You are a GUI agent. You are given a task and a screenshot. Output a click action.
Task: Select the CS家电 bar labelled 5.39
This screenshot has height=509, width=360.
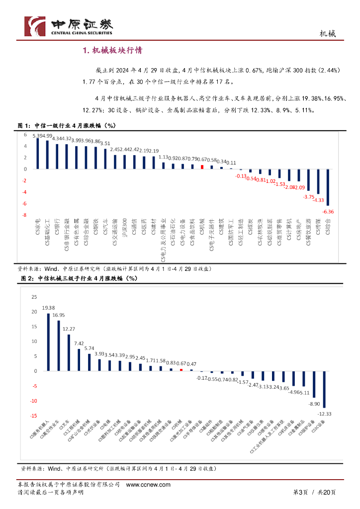pyautogui.click(x=38, y=154)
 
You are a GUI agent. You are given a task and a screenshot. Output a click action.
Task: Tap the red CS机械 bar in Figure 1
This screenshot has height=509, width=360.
pyautogui.click(x=202, y=167)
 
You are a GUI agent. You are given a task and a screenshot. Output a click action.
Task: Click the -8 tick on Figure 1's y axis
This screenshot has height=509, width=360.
pyautogui.click(x=24, y=215)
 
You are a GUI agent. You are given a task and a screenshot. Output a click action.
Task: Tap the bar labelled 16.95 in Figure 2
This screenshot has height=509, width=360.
pyautogui.click(x=59, y=345)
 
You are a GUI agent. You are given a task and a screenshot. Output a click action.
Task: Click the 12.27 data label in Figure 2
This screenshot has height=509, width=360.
pyautogui.click(x=69, y=329)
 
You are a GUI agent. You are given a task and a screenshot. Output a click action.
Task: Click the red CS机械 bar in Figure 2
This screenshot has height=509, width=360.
pyautogui.click(x=181, y=370)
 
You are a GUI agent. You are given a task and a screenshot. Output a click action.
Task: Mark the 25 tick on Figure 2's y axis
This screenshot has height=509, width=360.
pyautogui.click(x=34, y=297)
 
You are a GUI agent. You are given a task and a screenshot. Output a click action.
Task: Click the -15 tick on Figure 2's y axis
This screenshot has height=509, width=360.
pyautogui.click(x=33, y=416)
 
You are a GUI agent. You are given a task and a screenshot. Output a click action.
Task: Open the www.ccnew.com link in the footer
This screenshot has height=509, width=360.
pyautogui.click(x=148, y=485)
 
